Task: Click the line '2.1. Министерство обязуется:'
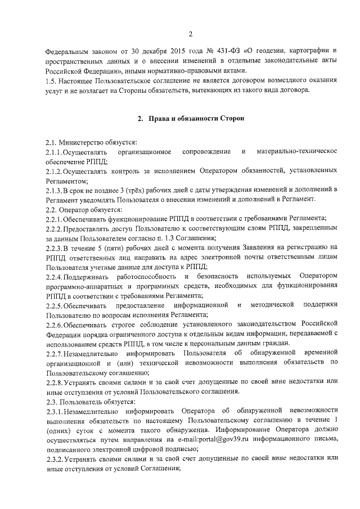87,143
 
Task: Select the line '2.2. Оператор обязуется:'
80,209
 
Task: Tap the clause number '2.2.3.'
54,247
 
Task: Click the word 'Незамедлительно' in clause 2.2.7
91,353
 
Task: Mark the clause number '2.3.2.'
54,459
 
